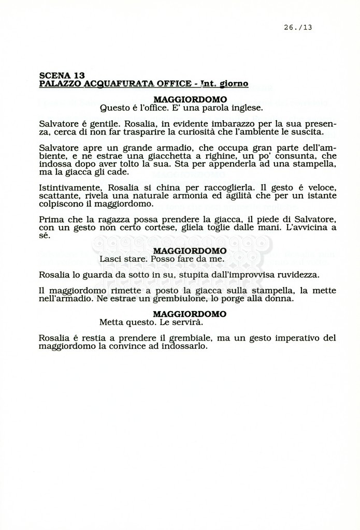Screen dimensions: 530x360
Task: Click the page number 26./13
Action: tap(298, 27)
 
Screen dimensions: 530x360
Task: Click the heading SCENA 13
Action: tap(62, 75)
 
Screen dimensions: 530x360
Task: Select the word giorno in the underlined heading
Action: tap(234, 83)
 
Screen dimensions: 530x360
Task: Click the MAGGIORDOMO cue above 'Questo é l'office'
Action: tap(190, 99)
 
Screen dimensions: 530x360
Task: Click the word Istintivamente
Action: tap(70, 187)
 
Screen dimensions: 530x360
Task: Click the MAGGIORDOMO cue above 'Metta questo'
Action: tap(190, 314)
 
